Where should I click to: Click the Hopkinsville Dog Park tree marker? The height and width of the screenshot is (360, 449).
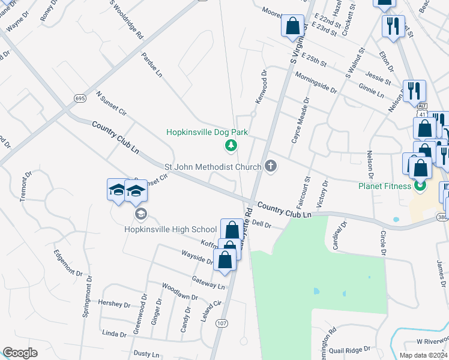230,145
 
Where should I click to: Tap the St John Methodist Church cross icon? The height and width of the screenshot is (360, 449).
271,166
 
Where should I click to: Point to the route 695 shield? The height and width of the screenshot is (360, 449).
80,98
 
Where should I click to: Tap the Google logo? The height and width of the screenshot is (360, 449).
20,353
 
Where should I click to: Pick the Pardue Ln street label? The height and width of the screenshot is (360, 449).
152,64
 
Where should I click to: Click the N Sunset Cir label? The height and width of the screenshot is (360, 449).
111,103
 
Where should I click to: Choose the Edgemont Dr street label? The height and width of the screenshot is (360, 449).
68,263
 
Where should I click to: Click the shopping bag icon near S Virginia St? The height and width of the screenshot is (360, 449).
292,26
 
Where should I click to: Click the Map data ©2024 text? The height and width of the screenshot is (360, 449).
423,355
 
